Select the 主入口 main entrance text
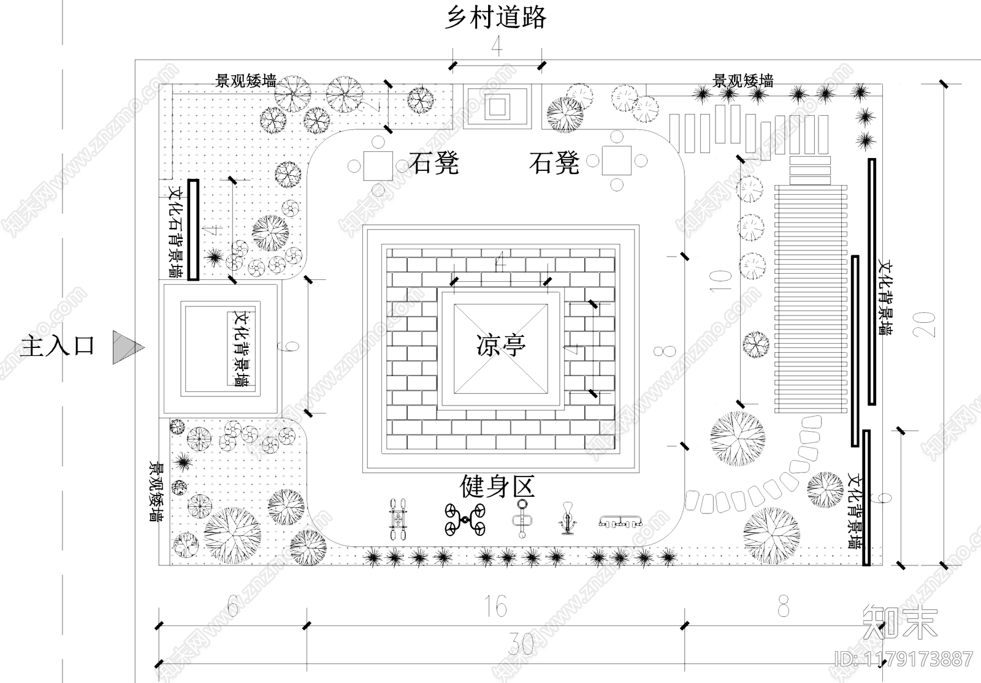(58, 346)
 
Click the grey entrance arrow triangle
(126, 348)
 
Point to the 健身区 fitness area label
(497, 487)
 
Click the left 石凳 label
(434, 164)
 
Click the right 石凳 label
(554, 164)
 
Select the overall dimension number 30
(520, 644)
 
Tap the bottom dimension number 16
(495, 606)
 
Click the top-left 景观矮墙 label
(245, 81)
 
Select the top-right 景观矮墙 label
(742, 80)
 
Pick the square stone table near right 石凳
(616, 160)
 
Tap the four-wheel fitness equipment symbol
(465, 519)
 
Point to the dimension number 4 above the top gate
(497, 46)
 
